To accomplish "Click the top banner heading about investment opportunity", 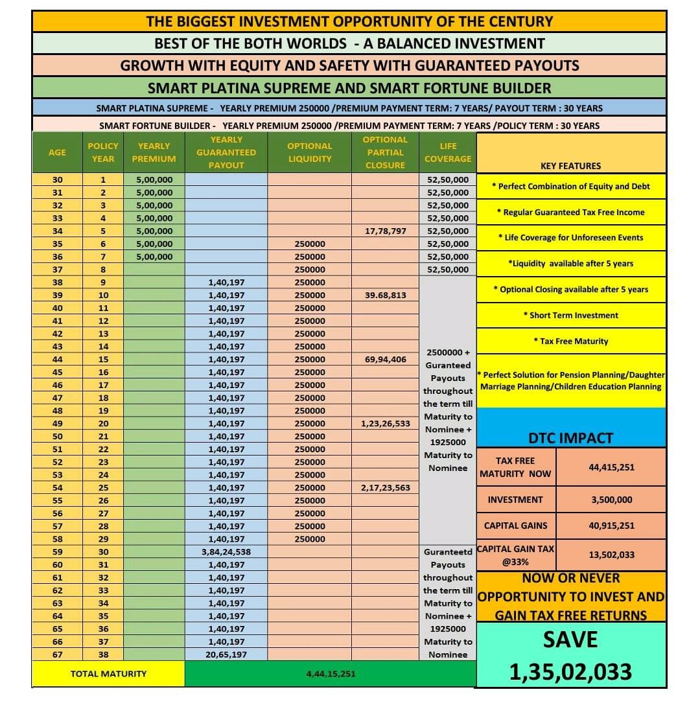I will [349, 21].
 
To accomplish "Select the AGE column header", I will [57, 152].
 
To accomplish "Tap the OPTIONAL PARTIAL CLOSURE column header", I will [385, 152].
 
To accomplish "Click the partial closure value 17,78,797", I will [385, 231].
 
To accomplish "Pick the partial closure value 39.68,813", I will [385, 295].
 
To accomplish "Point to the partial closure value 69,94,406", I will [385, 359].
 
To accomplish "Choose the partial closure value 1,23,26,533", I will [385, 423].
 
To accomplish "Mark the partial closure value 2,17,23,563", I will [385, 487].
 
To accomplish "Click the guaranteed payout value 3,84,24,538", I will [226, 551].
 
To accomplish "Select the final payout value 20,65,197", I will [226, 654].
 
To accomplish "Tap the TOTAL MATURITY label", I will [108, 674].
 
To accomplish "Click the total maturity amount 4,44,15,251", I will [331, 674].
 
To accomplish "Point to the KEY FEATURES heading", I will [570, 166].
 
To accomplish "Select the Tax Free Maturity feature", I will [570, 341].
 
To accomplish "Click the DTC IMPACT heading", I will [570, 438].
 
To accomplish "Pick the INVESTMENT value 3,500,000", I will [611, 500].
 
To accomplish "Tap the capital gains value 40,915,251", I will [611, 526].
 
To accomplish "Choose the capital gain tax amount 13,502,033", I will [611, 555].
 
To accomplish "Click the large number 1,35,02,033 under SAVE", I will [570, 672].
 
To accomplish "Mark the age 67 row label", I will [57, 654].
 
